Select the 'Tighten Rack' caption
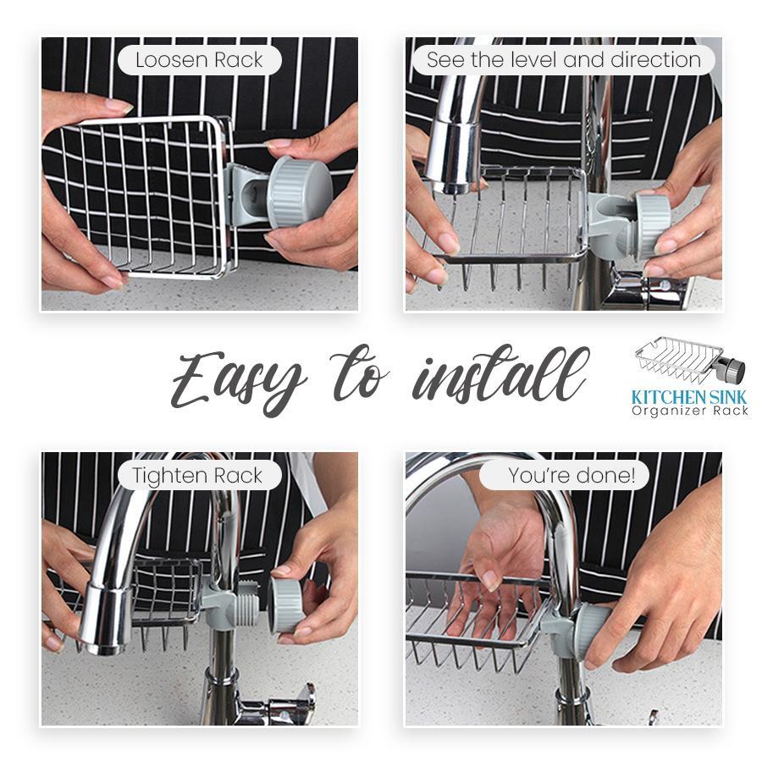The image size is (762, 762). [x=198, y=476]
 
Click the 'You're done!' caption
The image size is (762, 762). [x=571, y=476]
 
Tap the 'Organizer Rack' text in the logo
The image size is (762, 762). [x=688, y=411]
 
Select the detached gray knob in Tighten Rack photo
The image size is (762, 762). [x=292, y=603]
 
